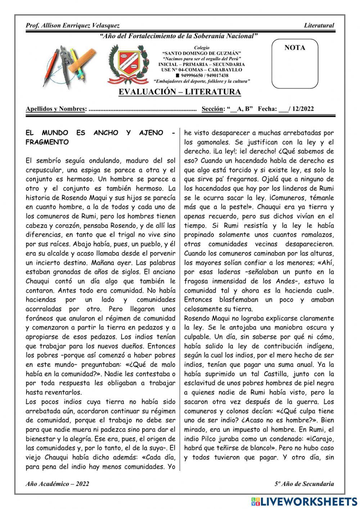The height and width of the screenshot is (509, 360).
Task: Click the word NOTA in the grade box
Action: (x=294, y=48)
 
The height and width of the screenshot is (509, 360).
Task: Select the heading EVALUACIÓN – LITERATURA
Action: (x=180, y=92)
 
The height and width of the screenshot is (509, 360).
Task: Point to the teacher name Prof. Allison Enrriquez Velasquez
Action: (x=73, y=26)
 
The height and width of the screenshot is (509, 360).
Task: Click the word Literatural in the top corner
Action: (x=319, y=26)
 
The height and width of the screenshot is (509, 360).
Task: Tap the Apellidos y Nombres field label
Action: (x=56, y=109)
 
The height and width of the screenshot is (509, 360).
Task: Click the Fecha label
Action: (x=267, y=109)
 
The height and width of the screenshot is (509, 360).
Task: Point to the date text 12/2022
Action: (x=303, y=109)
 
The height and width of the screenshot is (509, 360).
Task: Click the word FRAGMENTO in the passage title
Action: (x=47, y=142)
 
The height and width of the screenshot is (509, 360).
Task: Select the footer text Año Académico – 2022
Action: (x=57, y=484)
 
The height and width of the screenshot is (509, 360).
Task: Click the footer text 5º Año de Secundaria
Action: (x=304, y=484)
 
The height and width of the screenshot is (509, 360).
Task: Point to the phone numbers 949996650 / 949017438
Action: (x=204, y=76)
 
